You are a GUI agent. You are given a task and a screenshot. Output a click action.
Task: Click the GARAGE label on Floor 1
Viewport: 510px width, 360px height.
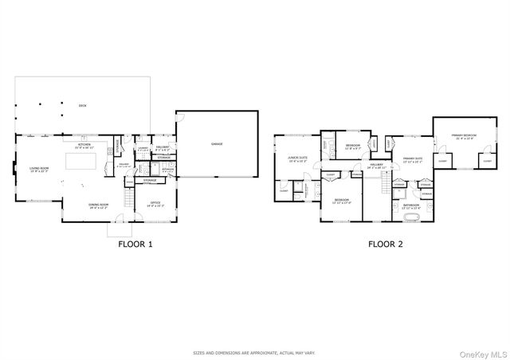217,144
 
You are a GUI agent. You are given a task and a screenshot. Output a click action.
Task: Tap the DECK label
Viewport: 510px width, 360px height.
83,105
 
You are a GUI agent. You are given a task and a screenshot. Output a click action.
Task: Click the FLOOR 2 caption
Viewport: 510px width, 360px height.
384,245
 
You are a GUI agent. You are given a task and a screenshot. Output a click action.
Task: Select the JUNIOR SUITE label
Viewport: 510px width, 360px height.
297,159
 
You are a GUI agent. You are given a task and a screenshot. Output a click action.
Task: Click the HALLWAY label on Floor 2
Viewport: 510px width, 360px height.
376,166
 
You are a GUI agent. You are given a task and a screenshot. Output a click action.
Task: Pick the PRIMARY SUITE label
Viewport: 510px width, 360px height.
412,159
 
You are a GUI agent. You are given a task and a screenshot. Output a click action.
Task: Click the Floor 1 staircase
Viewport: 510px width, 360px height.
127,194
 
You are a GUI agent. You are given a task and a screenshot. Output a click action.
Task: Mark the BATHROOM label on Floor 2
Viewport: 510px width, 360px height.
411,205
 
